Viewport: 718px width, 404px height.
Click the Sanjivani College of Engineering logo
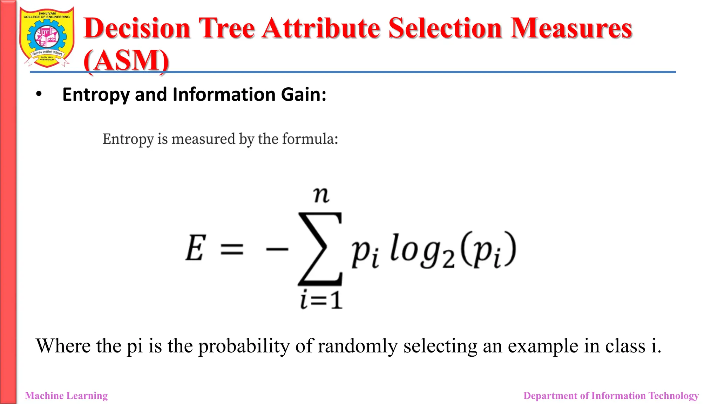pyautogui.click(x=47, y=37)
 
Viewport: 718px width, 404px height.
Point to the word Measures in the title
pyautogui.click(x=571, y=28)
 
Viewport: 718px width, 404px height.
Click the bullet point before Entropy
pyautogui.click(x=39, y=94)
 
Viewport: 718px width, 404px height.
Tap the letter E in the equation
pyautogui.click(x=195, y=248)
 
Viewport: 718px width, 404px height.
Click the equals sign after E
pyautogui.click(x=232, y=249)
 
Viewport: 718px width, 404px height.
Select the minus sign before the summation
pyautogui.click(x=277, y=249)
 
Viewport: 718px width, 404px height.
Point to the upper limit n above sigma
pyautogui.click(x=321, y=195)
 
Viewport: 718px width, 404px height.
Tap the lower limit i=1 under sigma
pyautogui.click(x=321, y=300)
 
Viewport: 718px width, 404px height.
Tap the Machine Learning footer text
pyautogui.click(x=66, y=396)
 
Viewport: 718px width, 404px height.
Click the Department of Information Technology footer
pyautogui.click(x=611, y=396)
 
